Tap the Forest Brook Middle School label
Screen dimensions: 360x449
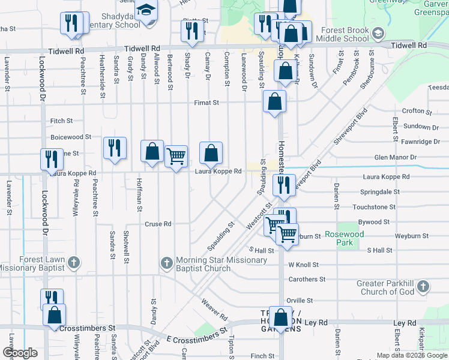pyautogui.click(x=345, y=34)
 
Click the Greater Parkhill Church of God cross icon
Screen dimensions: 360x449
pyautogui.click(x=423, y=286)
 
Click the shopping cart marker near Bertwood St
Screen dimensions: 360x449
pyautogui.click(x=176, y=157)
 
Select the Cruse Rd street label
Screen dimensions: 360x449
pyautogui.click(x=158, y=224)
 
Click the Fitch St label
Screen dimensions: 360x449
pyautogui.click(x=61, y=121)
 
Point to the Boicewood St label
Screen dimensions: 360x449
pyautogui.click(x=71, y=137)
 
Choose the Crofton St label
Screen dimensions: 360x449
pyautogui.click(x=417, y=112)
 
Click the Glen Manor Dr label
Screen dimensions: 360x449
pyautogui.click(x=394, y=157)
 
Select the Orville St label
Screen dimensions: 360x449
pyautogui.click(x=300, y=300)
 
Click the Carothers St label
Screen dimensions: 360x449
pyautogui.click(x=307, y=279)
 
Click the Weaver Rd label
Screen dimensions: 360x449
pyautogui.click(x=214, y=308)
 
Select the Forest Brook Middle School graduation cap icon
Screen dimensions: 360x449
pyautogui.click(x=378, y=33)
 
